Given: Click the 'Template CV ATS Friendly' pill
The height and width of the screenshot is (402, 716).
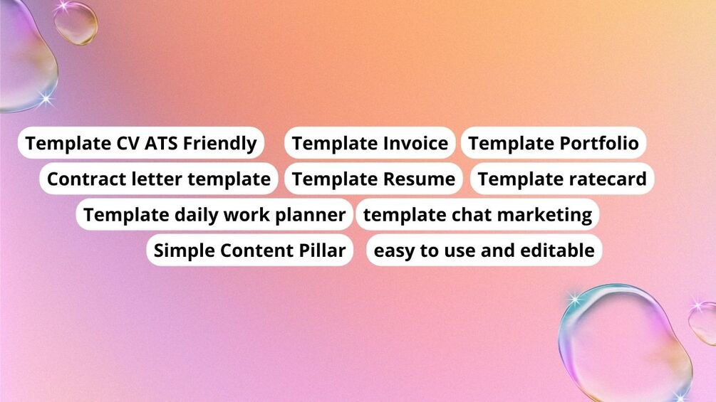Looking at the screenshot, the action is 141,143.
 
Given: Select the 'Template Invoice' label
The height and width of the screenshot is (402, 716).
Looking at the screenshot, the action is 370,143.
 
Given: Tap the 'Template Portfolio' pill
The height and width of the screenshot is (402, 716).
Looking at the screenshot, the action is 554,143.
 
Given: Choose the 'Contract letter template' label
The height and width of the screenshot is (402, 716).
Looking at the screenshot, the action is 159,179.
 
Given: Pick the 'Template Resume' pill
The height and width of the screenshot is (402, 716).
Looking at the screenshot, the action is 373,179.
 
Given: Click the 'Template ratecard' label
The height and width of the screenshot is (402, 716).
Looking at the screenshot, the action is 562,179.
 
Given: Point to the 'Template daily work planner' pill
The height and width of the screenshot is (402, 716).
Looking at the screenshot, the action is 214,215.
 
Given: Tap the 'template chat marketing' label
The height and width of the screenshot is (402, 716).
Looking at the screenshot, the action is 477,215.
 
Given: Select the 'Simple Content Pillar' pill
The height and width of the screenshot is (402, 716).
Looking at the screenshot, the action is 250,250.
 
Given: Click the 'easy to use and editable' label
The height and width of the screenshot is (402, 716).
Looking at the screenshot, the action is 484,250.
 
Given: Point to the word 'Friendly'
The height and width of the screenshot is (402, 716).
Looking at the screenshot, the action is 220,144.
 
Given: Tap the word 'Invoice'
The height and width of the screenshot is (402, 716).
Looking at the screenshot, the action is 415,143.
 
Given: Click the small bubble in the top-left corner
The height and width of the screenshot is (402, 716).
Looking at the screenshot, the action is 76,23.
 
